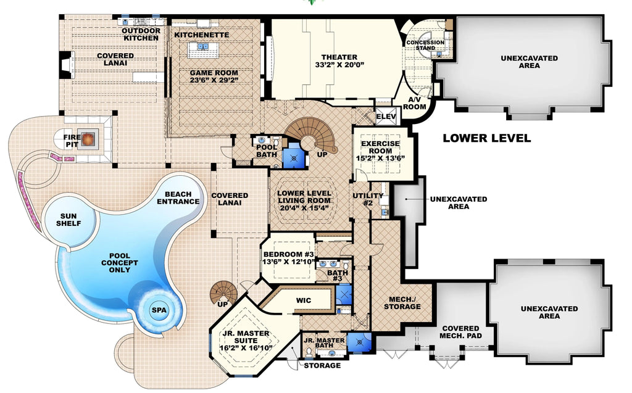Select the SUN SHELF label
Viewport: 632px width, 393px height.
tap(70, 219)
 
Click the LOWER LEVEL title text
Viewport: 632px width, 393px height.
tap(486, 138)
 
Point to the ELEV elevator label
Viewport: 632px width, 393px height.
tap(387, 116)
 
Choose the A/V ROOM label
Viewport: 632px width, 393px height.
tap(415, 103)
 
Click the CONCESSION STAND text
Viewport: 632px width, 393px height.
tap(430, 44)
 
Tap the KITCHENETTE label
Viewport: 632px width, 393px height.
tap(201, 35)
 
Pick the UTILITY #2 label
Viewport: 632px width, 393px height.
tap(368, 199)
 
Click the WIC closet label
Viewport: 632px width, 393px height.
tap(303, 300)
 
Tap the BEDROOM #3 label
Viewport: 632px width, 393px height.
tap(289, 254)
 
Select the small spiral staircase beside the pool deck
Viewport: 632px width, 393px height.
tap(223, 293)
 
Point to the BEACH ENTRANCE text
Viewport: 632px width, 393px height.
tap(178, 197)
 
